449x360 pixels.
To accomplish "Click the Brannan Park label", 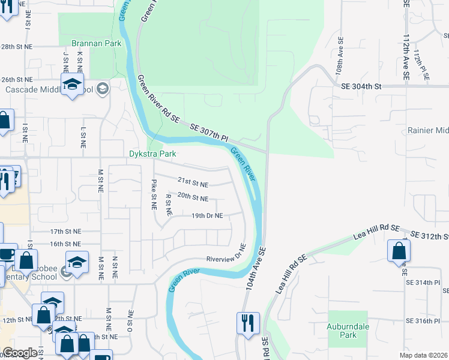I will click(96, 43).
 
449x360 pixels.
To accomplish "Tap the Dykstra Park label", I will click(152, 154).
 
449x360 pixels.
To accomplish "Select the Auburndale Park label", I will click(348, 331).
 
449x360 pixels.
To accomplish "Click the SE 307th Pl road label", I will click(209, 133).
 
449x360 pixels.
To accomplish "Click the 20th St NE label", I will click(193, 198).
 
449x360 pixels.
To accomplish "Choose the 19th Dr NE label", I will click(207, 215).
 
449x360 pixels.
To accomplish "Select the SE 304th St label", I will click(361, 86).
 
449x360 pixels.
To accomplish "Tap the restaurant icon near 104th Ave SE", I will click(247, 323).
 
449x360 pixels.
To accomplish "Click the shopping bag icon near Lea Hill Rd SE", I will click(399, 251).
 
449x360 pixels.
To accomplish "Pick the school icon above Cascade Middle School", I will click(72, 85).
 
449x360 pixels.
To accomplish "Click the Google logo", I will click(20, 353).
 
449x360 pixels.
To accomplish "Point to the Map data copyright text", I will click(423, 355).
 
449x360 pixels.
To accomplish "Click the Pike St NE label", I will click(154, 193).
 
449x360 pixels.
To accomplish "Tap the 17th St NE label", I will click(65, 231).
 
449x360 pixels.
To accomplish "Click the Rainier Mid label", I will click(428, 131).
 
